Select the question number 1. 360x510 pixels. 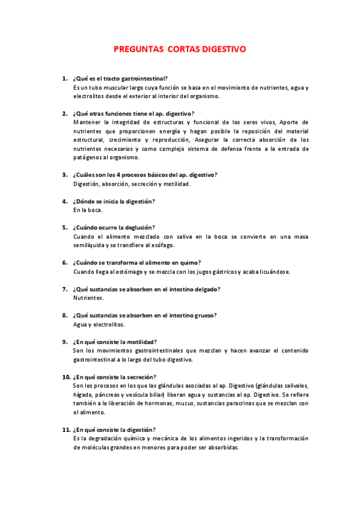tap(65, 79)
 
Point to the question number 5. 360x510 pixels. tap(65, 227)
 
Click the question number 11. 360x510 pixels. tap(67, 429)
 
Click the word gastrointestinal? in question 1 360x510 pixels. tap(144, 79)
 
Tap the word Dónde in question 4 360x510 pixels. tap(88, 201)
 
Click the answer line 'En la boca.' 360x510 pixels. tap(88, 210)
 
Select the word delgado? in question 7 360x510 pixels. tap(206, 289)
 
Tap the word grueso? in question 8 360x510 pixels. tap(203, 315)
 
